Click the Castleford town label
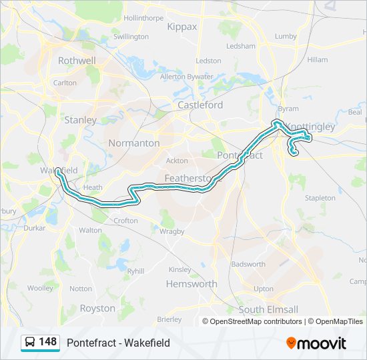click(x=200, y=105)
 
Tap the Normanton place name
click(x=134, y=143)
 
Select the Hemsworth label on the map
click(x=192, y=283)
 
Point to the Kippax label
click(x=183, y=27)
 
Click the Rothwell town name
click(x=77, y=61)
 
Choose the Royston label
click(x=97, y=308)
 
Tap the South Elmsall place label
click(x=268, y=309)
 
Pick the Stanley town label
click(x=80, y=120)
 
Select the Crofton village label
click(x=126, y=221)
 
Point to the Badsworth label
click(x=248, y=264)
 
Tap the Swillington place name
click(x=131, y=37)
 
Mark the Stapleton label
click(x=320, y=198)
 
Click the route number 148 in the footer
click(x=48, y=342)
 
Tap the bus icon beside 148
click(x=30, y=343)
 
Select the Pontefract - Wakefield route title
click(x=118, y=343)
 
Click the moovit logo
click(x=316, y=343)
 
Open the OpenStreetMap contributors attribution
click(x=256, y=321)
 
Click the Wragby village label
click(x=172, y=231)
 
